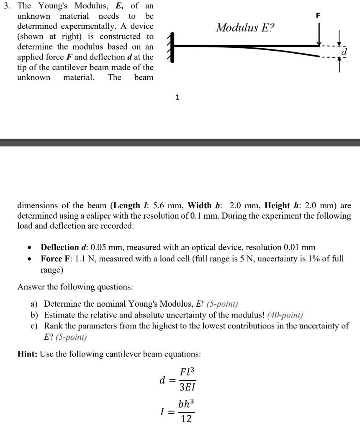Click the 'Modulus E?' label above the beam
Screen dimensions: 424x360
click(245, 28)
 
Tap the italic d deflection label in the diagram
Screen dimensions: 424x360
click(344, 52)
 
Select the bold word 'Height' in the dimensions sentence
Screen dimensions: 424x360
click(278, 205)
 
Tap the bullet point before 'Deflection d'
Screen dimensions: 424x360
click(27, 248)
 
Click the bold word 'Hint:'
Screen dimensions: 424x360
click(28, 354)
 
